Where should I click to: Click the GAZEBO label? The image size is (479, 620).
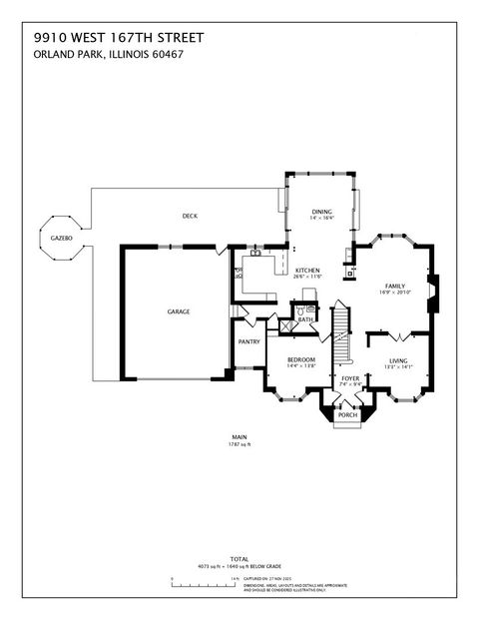58,239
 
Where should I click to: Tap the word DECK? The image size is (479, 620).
189,217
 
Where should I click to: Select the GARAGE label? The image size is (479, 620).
179,311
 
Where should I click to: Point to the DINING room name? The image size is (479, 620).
320,211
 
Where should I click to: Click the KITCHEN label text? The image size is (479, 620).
306,272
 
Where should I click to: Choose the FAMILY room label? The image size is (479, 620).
396,286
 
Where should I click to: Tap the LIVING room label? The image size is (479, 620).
398,360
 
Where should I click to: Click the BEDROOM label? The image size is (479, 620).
301,359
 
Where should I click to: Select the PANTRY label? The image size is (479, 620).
249,341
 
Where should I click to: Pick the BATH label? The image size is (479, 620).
305,319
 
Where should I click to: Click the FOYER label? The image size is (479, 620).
350,378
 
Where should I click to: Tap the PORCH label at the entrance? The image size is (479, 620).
346,414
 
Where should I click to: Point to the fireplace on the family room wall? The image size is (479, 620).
432,291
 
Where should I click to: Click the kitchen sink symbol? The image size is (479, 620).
255,255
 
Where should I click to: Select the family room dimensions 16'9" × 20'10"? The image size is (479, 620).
396,294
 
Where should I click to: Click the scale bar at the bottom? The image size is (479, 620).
205,578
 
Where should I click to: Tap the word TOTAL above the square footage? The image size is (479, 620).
239,560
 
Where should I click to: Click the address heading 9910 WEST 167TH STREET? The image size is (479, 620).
119,37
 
